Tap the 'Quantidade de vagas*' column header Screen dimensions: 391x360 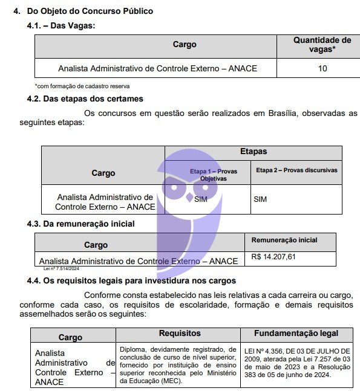pyautogui.click(x=322, y=45)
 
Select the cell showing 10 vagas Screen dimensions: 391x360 pyautogui.click(x=322, y=68)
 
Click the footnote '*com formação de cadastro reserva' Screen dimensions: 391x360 pyautogui.click(x=82, y=86)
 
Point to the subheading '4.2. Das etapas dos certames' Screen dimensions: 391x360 pyautogui.click(x=85, y=99)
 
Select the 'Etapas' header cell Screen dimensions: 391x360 pyautogui.click(x=254, y=152)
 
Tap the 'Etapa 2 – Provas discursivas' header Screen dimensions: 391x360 pyautogui.click(x=296, y=170)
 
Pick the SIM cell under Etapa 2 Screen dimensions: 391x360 pyautogui.click(x=260, y=199)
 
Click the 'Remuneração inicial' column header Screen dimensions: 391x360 pyautogui.click(x=284, y=240)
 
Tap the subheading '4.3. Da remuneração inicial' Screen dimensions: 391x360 pyautogui.click(x=80, y=224)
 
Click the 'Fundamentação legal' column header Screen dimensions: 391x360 pyautogui.click(x=296, y=333)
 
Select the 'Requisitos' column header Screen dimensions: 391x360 pyautogui.click(x=180, y=333)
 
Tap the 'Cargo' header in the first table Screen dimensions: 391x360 pyautogui.click(x=185, y=45)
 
